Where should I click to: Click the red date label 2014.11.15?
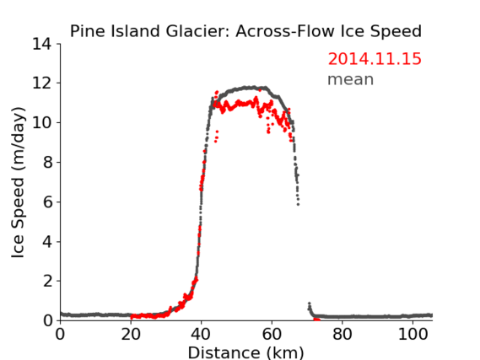click(x=375, y=59)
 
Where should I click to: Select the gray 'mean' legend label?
click(x=351, y=79)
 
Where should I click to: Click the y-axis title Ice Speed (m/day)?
click(x=18, y=183)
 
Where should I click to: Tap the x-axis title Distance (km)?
click(x=245, y=352)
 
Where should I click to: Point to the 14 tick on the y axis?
click(x=42, y=45)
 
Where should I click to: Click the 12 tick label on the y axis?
click(x=42, y=83)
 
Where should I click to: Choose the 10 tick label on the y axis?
click(x=42, y=122)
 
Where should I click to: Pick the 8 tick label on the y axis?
click(x=47, y=162)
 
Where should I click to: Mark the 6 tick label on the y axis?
click(x=47, y=201)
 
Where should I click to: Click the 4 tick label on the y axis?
click(x=47, y=242)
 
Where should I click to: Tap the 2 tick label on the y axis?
click(x=47, y=281)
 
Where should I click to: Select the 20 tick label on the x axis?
click(x=131, y=334)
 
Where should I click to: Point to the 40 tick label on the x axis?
click(x=201, y=334)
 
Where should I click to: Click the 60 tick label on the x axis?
click(x=272, y=334)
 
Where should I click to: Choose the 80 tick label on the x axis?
click(x=342, y=334)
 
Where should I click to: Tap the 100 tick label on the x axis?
click(x=413, y=334)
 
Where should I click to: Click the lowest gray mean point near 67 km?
click(x=298, y=204)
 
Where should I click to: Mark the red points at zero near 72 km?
click(x=316, y=320)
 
